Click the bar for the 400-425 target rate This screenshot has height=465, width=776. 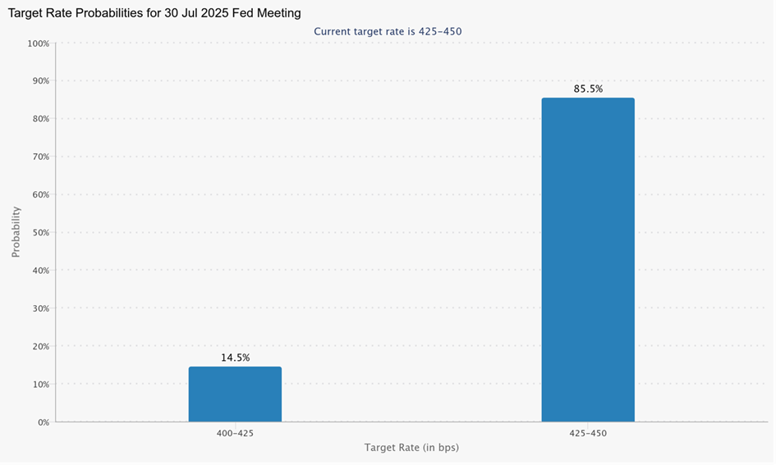pos(235,394)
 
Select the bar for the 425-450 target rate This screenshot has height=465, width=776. pos(588,260)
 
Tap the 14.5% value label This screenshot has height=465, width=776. pos(235,358)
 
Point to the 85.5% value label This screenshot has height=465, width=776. pos(588,89)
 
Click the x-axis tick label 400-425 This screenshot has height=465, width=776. pos(235,432)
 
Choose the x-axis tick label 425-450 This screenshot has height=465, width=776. pos(588,432)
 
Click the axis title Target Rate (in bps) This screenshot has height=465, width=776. pos(411,448)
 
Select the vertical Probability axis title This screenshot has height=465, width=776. pos(16,232)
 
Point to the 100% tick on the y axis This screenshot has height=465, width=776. pos(38,43)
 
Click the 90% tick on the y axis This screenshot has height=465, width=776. pos(39,80)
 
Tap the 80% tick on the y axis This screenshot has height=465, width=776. pos(39,118)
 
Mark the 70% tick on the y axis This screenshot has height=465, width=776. pos(39,157)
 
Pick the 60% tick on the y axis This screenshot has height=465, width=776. pos(39,194)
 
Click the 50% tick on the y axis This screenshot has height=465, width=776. pos(39,232)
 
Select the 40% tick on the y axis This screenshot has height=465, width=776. pos(39,270)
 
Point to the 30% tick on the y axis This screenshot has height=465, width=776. pos(39,308)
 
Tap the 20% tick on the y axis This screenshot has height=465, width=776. pos(39,346)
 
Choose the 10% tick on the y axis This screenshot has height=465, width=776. pos(39,384)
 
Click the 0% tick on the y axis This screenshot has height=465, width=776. pos(42,422)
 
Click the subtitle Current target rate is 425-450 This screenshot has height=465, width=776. pos(388,31)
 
